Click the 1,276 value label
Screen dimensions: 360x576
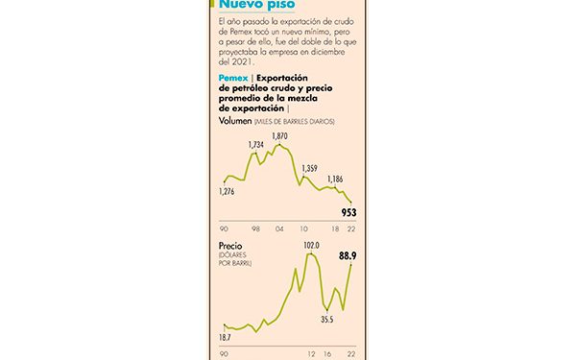tap(228, 192)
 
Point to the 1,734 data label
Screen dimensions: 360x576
tap(255, 145)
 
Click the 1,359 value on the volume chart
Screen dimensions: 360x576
tap(310, 169)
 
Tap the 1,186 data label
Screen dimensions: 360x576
tap(335, 180)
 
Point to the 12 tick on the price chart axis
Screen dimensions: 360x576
tap(311, 354)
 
